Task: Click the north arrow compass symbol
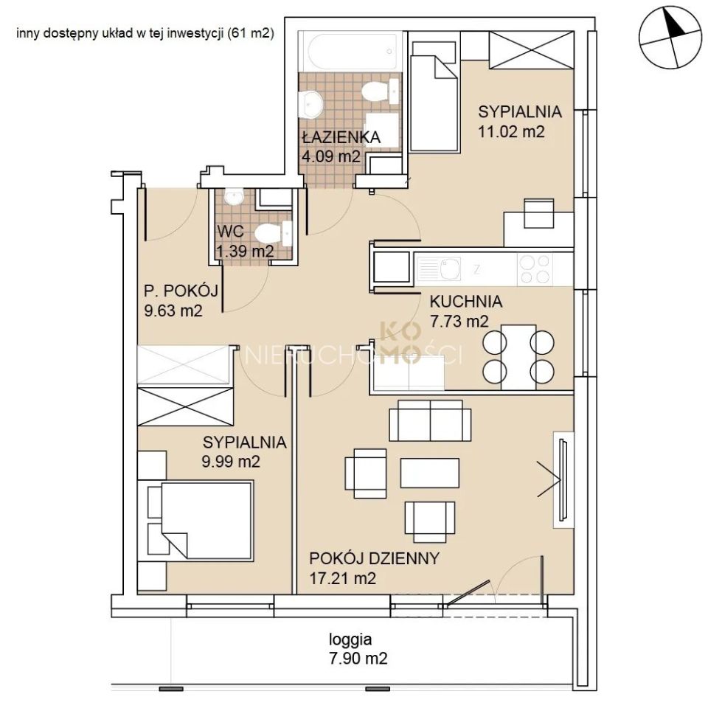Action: coord(670,38)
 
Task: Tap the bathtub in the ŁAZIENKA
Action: coord(350,51)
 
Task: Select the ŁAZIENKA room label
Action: coord(341,137)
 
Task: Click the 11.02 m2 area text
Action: coord(511,131)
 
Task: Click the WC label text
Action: coord(230,232)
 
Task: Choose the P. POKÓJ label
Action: coord(181,291)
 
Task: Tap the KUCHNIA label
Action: coord(466,301)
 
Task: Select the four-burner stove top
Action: coord(535,270)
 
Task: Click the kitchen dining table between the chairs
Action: coord(518,357)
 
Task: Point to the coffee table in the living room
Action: coord(429,473)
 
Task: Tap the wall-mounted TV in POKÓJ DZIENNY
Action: coord(563,479)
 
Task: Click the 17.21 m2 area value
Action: coord(343,578)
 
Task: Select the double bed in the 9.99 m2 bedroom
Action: coord(199,520)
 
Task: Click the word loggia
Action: coord(350,639)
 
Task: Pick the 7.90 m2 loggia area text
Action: coord(358,659)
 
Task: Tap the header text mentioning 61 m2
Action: coord(145,33)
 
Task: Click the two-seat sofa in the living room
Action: coord(430,420)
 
